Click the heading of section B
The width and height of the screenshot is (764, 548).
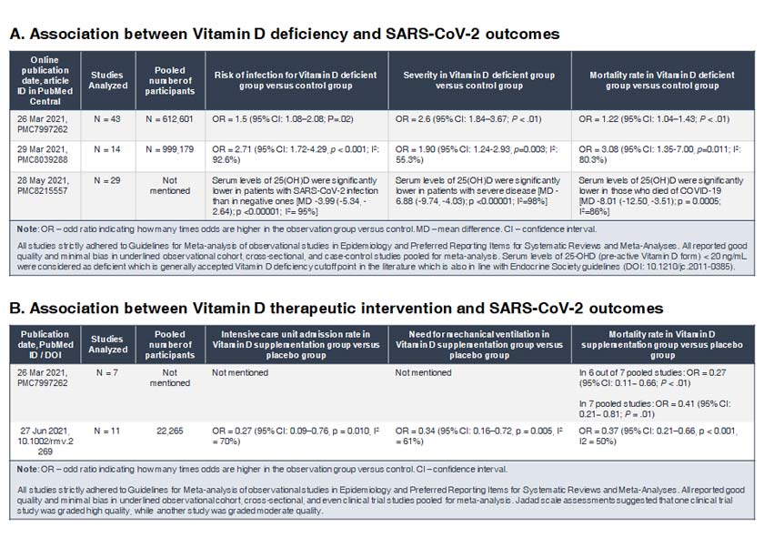[336, 308]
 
